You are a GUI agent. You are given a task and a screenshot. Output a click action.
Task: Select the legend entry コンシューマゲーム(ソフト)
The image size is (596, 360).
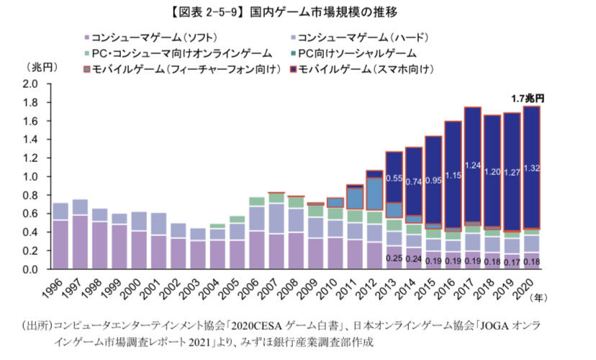[150, 37]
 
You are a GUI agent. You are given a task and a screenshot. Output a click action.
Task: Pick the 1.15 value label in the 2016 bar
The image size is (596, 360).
[452, 175]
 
